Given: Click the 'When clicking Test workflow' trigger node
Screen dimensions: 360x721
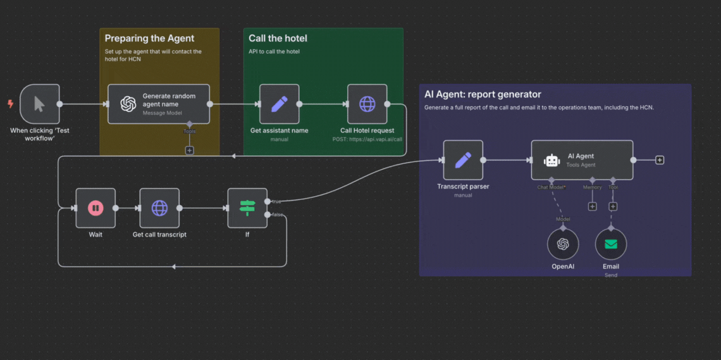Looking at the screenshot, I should pyautogui.click(x=39, y=104).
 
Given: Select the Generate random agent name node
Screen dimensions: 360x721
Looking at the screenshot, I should pyautogui.click(x=159, y=104).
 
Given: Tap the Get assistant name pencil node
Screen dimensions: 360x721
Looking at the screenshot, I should pyautogui.click(x=279, y=104).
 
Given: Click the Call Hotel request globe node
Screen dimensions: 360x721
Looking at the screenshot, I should pyautogui.click(x=367, y=104).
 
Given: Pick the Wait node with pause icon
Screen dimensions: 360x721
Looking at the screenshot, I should pyautogui.click(x=96, y=208).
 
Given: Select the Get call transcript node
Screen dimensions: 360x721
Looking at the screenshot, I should pyautogui.click(x=159, y=208).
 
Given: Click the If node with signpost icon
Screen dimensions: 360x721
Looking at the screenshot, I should pyautogui.click(x=247, y=208).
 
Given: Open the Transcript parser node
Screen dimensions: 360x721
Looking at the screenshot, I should pyautogui.click(x=462, y=160).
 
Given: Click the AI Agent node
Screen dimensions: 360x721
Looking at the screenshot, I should pyautogui.click(x=581, y=160).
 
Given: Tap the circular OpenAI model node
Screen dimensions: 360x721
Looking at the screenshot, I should pyautogui.click(x=563, y=244).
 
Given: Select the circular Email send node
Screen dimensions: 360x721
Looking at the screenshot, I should pyautogui.click(x=611, y=244).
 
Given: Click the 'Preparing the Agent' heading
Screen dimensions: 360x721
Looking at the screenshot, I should pyautogui.click(x=149, y=39).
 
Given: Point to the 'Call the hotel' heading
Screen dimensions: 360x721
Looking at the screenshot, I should pyautogui.click(x=278, y=39).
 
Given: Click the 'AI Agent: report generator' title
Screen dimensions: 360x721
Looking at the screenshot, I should pyautogui.click(x=483, y=94).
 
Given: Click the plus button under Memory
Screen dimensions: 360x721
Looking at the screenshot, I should pyautogui.click(x=593, y=206).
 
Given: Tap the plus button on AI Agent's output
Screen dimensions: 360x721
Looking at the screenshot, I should pyautogui.click(x=660, y=160).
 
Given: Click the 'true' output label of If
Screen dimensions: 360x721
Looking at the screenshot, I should pyautogui.click(x=276, y=201).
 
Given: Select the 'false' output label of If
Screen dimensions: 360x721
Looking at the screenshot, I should pyautogui.click(x=277, y=214).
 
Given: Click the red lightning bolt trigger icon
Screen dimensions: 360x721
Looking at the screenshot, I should pyautogui.click(x=10, y=104).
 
